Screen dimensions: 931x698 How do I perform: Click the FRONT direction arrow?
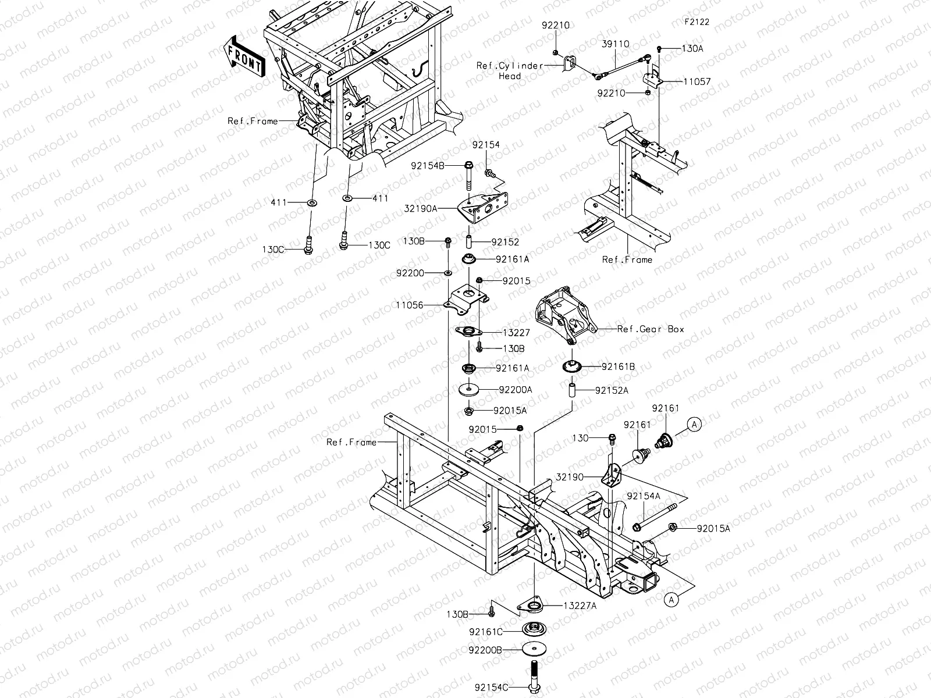coord(244,56)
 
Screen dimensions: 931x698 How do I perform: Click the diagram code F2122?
coord(697,22)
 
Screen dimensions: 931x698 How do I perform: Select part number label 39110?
coord(616,44)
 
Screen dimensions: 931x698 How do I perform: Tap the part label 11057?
coord(697,81)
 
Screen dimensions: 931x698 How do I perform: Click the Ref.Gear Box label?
coord(651,329)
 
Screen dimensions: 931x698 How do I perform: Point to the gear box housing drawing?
coord(566,314)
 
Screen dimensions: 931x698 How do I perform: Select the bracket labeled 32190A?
coord(483,208)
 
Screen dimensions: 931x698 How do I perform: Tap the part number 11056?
coord(409,305)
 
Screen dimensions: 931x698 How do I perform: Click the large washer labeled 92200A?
coord(468,390)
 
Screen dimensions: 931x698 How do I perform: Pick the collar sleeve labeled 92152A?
coord(572,390)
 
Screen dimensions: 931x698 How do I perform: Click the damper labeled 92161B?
coord(572,366)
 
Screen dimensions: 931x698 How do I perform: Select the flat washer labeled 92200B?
coord(534,649)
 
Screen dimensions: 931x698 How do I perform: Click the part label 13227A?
coord(580,606)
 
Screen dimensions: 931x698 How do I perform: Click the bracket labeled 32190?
coord(612,476)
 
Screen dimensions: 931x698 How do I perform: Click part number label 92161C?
coord(486,632)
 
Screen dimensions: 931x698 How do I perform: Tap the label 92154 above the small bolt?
coord(486,145)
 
